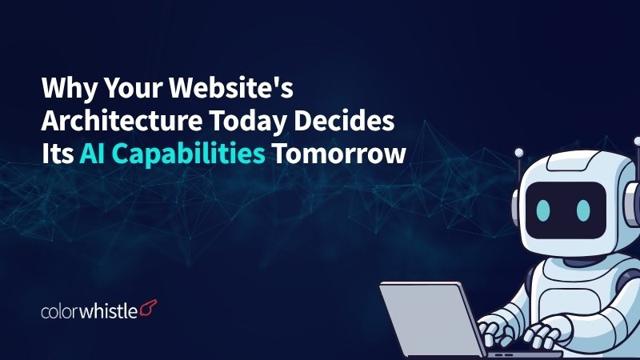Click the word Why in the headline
tap(66, 86)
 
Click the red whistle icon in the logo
tap(148, 307)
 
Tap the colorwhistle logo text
tap(89, 308)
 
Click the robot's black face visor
tap(564, 206)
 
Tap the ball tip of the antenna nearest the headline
tap(518, 150)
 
